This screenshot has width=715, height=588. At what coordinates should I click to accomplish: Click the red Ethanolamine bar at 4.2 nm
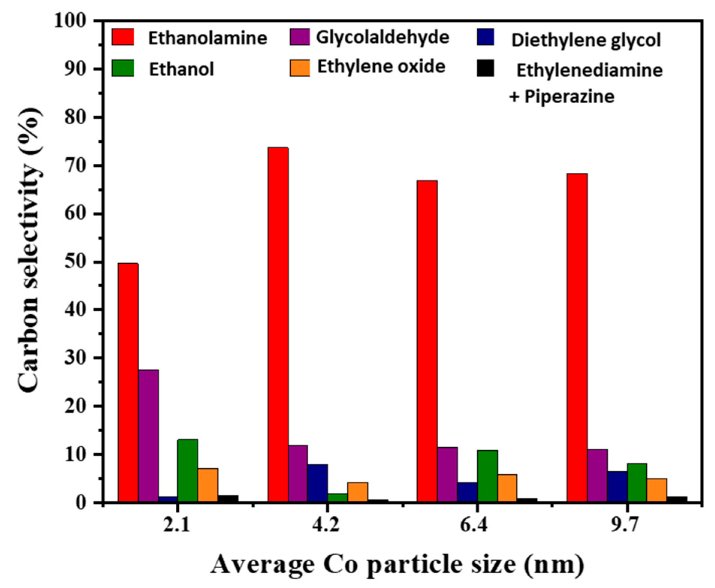[x=278, y=325]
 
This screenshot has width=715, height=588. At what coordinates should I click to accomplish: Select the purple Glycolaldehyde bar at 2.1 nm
[x=148, y=436]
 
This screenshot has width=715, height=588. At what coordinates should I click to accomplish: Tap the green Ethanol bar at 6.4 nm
[x=487, y=476]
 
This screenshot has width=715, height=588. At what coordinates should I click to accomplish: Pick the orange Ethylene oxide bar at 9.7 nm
[x=657, y=490]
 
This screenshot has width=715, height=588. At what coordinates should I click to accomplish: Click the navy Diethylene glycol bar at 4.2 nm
[x=318, y=483]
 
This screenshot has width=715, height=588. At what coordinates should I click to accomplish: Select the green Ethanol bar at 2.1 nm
[x=187, y=470]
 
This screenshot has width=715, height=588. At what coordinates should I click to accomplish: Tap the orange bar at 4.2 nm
[x=357, y=492]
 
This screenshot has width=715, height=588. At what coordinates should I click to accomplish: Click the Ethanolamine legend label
[x=207, y=38]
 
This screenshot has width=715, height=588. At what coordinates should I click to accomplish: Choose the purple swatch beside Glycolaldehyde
[x=300, y=37]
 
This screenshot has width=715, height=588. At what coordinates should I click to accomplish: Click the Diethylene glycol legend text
[x=586, y=40]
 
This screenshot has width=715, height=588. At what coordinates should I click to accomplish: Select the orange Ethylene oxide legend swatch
[x=300, y=68]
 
